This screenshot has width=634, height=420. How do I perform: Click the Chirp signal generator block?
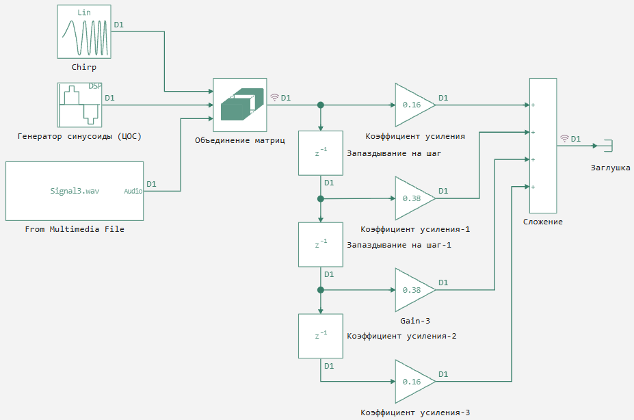coord(84,31)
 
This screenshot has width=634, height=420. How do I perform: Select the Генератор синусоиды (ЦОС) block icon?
coord(79,105)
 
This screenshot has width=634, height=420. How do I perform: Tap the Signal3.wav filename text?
coord(75,191)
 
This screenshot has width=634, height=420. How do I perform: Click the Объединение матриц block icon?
coord(240,105)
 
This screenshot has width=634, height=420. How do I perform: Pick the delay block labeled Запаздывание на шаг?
coord(321,153)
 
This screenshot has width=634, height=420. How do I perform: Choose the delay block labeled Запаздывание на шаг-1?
coord(321,245)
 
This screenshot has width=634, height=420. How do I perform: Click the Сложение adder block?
coord(543,146)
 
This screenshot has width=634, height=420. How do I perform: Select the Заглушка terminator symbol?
coord(609,146)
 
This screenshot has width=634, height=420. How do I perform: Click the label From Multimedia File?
coord(75,229)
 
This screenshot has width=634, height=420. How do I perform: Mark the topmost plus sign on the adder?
coord(533,105)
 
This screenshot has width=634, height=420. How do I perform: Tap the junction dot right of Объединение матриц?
coord(321,105)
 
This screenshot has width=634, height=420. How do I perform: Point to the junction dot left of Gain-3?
coord(321,290)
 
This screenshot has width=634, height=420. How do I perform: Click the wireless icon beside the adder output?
coord(564,139)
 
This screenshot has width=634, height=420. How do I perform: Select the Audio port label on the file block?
coord(133,191)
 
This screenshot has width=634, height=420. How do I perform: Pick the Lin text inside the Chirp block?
coord(84,12)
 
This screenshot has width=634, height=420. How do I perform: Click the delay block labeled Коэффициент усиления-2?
coord(321,336)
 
